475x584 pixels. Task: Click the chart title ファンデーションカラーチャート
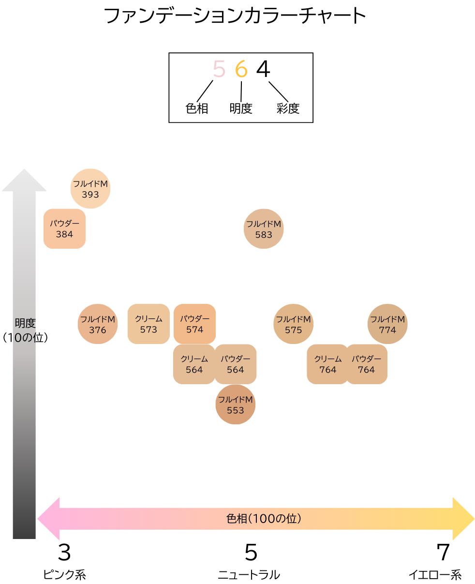235,16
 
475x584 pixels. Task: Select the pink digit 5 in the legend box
219,69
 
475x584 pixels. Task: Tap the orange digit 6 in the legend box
241,69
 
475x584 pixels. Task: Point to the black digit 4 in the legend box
263,69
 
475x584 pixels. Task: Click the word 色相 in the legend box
197,108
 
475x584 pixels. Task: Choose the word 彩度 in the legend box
288,108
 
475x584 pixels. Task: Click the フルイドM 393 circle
90,189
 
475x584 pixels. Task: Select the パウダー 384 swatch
64,229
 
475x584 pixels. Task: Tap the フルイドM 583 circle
264,229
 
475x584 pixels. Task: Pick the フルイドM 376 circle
98,324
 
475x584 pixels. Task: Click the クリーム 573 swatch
148,324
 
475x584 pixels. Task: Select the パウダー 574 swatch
194,324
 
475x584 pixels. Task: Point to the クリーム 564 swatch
194,364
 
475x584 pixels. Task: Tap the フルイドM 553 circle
236,404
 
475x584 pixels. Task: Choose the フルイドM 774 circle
387,324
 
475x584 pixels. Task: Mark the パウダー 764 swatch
367,364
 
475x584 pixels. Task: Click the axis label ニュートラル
249,575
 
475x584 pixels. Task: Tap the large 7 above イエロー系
443,552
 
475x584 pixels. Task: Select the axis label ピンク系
64,575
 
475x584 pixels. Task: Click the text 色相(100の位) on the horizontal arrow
265,519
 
